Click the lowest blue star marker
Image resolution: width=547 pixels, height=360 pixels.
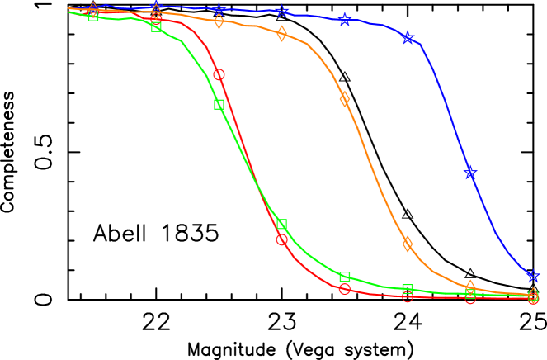pyautogui.click(x=533, y=276)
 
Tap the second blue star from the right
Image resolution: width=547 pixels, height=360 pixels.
pyautogui.click(x=470, y=173)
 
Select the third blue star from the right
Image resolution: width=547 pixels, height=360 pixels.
pyautogui.click(x=408, y=37)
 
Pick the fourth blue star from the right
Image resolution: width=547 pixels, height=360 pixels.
pyautogui.click(x=344, y=19)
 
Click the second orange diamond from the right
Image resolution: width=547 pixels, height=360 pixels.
pyautogui.click(x=470, y=287)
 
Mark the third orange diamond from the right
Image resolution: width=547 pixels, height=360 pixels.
pyautogui.click(x=408, y=244)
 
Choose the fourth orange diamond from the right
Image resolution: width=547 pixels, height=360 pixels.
pyautogui.click(x=344, y=99)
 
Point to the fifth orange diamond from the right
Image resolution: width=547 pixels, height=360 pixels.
pyautogui.click(x=281, y=34)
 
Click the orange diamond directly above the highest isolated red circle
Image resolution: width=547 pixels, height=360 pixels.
pyautogui.click(x=219, y=21)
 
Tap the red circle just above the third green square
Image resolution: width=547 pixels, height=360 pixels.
pyautogui.click(x=219, y=74)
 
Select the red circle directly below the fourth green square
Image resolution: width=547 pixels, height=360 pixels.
pyautogui.click(x=281, y=240)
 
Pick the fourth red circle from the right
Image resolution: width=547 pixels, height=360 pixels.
pyautogui.click(x=344, y=289)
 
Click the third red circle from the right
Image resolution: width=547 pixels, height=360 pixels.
pyautogui.click(x=408, y=296)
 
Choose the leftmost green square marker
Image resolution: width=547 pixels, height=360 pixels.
pyautogui.click(x=93, y=15)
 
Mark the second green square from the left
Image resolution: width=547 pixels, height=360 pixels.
pyautogui.click(x=156, y=26)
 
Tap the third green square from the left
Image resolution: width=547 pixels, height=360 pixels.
pyautogui.click(x=219, y=104)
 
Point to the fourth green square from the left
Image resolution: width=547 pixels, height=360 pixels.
pyautogui.click(x=281, y=225)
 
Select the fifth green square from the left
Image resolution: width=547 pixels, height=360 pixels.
pyautogui.click(x=344, y=277)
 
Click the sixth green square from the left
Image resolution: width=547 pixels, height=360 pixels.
pyautogui.click(x=408, y=289)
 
